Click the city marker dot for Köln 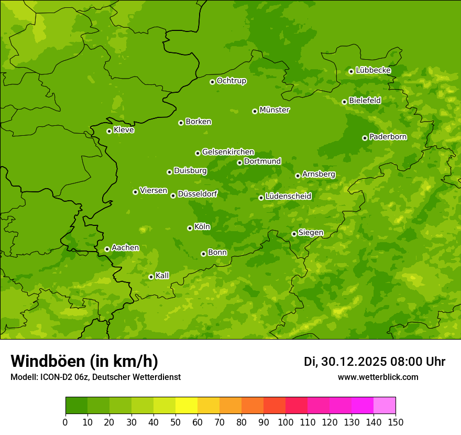(190, 228)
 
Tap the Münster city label (275, 110)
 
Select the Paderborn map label (388, 137)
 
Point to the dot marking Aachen (107, 249)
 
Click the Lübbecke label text (373, 70)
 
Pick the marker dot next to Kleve (109, 131)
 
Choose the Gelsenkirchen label (228, 152)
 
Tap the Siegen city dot (294, 234)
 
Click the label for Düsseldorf (197, 194)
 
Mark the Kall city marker (151, 277)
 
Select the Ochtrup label (231, 81)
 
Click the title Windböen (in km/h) (84, 361)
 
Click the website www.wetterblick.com (378, 377)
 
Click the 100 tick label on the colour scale (286, 422)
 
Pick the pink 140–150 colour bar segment (385, 406)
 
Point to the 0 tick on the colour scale (65, 422)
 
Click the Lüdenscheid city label (288, 197)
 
